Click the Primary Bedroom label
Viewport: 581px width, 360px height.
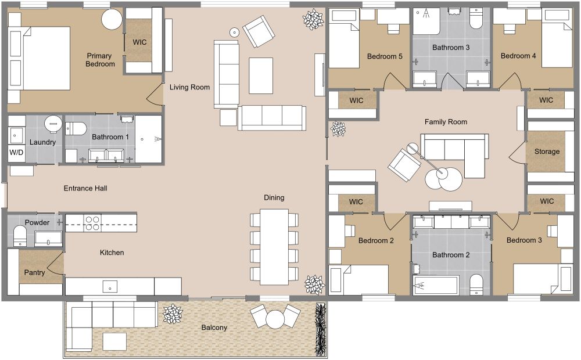[100, 60]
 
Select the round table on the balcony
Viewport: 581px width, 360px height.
[274, 319]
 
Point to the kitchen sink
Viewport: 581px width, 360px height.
[109, 286]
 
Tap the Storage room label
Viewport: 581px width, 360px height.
[547, 152]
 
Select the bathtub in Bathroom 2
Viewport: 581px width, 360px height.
[435, 285]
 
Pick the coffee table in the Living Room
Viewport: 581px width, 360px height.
[261, 75]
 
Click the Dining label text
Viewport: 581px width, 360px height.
[274, 197]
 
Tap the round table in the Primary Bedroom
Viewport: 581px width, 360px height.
[112, 20]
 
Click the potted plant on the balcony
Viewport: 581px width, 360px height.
[173, 314]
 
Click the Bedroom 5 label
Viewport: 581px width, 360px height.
[385, 56]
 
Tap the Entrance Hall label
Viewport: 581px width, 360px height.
[85, 188]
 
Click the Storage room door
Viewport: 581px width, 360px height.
[517, 152]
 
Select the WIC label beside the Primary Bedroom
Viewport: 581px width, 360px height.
[139, 42]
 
